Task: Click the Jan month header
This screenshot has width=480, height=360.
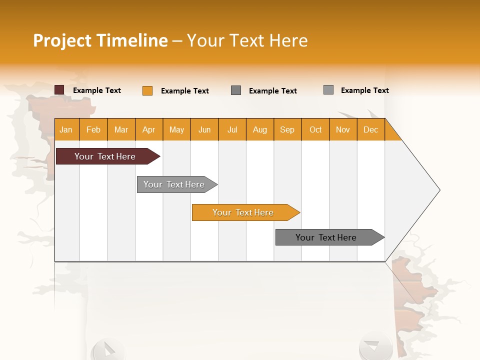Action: pyautogui.click(x=66, y=129)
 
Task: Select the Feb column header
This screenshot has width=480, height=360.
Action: pyautogui.click(x=93, y=129)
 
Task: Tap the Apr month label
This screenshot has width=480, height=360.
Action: pyautogui.click(x=149, y=129)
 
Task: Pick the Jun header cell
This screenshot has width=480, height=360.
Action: pyautogui.click(x=204, y=129)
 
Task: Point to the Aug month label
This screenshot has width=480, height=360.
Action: pyautogui.click(x=260, y=129)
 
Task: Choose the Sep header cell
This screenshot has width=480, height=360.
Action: pyautogui.click(x=287, y=129)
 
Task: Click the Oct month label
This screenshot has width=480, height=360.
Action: pyautogui.click(x=315, y=129)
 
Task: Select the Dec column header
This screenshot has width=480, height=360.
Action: pyautogui.click(x=371, y=129)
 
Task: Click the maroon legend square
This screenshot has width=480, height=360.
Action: pyautogui.click(x=59, y=90)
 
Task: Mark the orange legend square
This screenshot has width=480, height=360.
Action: pyautogui.click(x=147, y=90)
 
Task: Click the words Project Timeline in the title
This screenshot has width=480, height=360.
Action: pyautogui.click(x=100, y=40)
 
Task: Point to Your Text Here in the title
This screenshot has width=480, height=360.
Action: pyautogui.click(x=247, y=40)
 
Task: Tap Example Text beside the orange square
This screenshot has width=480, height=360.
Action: pyautogui.click(x=185, y=91)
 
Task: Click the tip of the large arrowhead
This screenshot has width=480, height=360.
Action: pyautogui.click(x=439, y=190)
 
